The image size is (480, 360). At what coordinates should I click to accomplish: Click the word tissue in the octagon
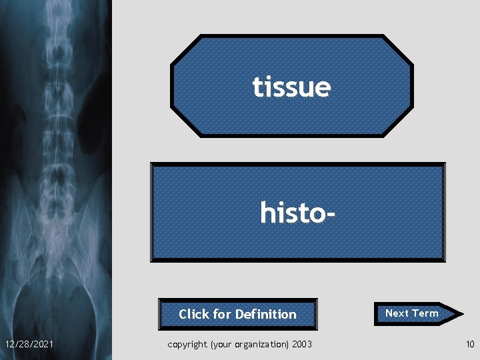point(291,87)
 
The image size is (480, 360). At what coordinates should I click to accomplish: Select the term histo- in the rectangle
point(297,213)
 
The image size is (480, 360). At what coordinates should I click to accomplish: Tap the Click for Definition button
point(237,314)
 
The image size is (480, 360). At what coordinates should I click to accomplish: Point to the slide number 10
point(469,343)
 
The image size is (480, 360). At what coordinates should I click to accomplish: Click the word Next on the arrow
point(397,313)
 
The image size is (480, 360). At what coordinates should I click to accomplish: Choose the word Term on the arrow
point(425,313)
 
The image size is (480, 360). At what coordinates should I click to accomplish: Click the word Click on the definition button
point(194,314)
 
